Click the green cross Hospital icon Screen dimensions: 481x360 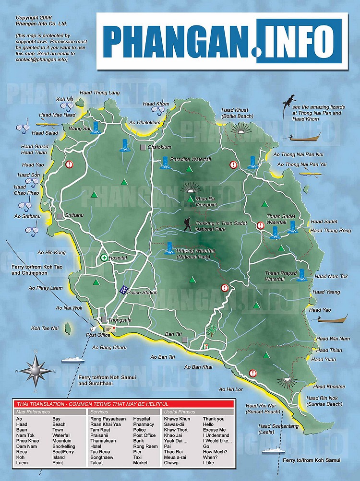click(x=104, y=258)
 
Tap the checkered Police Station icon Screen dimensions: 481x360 click(x=123, y=290)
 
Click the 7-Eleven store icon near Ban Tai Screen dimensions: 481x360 click(x=205, y=344)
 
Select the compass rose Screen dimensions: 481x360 click(x=36, y=370)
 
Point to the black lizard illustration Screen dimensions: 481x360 click(x=288, y=102)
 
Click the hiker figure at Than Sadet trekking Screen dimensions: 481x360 click(x=187, y=224)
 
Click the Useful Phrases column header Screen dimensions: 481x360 click(x=180, y=412)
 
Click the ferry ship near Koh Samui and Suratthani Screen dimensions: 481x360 click(x=69, y=358)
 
